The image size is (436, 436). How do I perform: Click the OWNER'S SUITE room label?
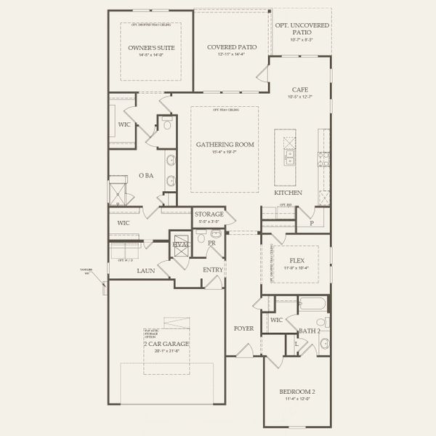click(151, 47)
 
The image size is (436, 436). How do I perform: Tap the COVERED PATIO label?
click(230, 47)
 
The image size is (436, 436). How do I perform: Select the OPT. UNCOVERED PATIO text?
click(300, 28)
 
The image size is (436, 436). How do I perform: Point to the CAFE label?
click(300, 90)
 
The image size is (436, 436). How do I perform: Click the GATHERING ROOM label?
click(225, 145)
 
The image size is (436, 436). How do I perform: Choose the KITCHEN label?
click(288, 193)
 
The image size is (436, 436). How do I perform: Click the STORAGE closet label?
click(209, 214)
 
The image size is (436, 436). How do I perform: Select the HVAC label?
click(180, 244)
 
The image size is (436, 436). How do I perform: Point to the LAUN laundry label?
click(145, 270)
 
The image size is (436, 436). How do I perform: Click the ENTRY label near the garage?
click(213, 270)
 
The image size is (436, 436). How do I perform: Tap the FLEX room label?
click(296, 259)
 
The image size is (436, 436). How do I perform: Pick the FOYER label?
click(243, 328)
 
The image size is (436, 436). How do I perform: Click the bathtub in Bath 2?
click(313, 302)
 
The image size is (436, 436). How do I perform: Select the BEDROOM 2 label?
click(296, 392)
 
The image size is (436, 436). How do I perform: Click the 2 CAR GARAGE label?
click(166, 343)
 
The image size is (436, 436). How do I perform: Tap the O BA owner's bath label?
click(145, 175)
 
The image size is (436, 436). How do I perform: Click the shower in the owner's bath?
click(118, 193)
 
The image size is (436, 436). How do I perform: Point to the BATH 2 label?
click(310, 331)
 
